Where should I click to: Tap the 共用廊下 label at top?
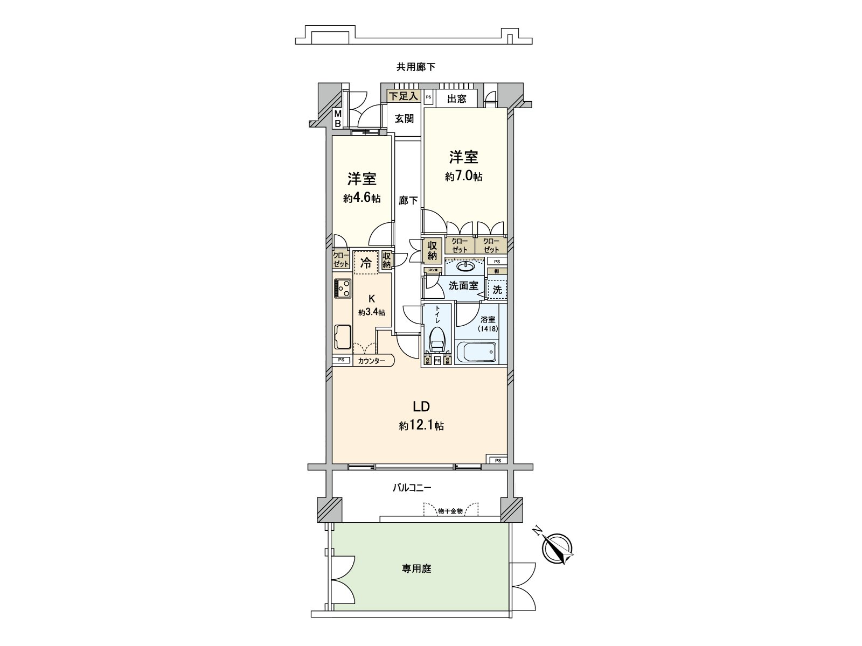[416, 67]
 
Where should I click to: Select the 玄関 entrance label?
[404, 118]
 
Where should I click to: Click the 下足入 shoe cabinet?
[404, 96]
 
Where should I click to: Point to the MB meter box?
[338, 118]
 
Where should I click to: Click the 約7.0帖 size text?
[463, 177]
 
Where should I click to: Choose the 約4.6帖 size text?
[362, 198]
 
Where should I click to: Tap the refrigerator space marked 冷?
[366, 263]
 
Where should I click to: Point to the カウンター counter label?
[372, 361]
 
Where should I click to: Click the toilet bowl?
[437, 339]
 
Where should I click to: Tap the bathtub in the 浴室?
[476, 353]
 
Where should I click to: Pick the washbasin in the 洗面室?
[465, 266]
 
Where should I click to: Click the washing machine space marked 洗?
[497, 289]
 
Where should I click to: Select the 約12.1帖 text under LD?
[421, 426]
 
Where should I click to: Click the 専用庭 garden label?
[416, 568]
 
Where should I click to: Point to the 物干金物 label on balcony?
[450, 511]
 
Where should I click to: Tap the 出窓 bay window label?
[456, 99]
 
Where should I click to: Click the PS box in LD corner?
[497, 460]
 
